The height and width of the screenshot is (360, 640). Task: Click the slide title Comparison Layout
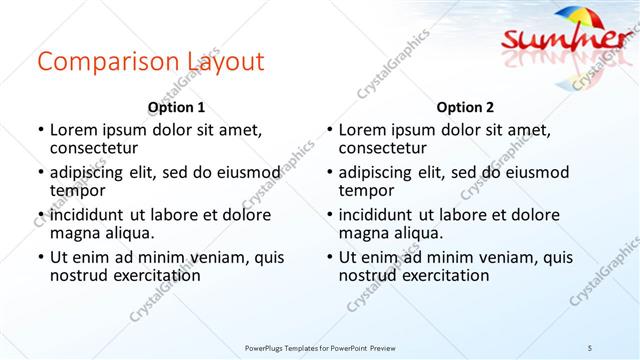pos(151,62)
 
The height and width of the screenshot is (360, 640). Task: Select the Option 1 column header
pos(176,107)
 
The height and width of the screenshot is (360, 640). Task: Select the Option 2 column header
pos(465,107)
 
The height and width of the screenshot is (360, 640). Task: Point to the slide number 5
pos(590,347)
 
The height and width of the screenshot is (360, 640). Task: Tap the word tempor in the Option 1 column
pos(78,190)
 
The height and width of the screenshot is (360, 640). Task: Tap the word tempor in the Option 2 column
pos(366,190)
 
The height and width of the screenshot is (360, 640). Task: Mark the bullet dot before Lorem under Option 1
pos(40,130)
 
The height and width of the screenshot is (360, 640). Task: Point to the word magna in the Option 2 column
pos(362,233)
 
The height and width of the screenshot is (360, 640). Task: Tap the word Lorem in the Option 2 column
pos(361,129)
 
